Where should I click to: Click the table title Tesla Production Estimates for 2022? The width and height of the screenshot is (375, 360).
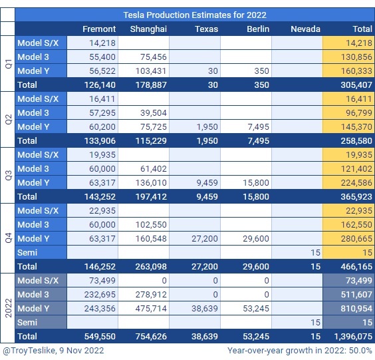[x=195, y=15]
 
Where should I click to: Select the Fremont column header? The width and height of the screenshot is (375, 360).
[x=99, y=29]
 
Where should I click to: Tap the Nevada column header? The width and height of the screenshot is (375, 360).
[x=305, y=29]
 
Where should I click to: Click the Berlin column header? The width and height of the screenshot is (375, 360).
[x=258, y=29]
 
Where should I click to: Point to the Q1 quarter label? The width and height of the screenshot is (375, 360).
[x=9, y=64]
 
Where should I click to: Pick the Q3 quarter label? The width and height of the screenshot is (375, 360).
[x=9, y=176]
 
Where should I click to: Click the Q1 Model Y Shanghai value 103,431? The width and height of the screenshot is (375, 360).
[x=151, y=71]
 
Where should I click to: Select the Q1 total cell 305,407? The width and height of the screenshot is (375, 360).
[x=356, y=85]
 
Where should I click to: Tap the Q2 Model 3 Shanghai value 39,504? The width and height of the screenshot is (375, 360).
[x=154, y=112]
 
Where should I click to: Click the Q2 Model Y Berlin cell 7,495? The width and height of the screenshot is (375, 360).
[x=258, y=127]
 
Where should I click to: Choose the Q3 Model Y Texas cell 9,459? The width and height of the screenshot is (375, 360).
[x=207, y=182]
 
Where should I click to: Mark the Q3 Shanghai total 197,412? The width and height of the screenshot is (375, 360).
[x=151, y=197]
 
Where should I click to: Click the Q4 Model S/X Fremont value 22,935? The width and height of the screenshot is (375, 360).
[x=102, y=211]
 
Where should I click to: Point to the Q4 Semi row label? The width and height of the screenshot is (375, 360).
[x=27, y=252]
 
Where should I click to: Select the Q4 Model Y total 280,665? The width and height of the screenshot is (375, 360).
[x=356, y=239]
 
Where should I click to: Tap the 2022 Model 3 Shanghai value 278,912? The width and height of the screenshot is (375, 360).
[x=151, y=294]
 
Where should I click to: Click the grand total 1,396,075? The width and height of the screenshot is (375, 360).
[x=353, y=336]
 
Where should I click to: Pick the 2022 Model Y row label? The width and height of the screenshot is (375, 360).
[x=33, y=309]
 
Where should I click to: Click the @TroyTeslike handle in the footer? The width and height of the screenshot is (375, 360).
[x=29, y=351]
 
